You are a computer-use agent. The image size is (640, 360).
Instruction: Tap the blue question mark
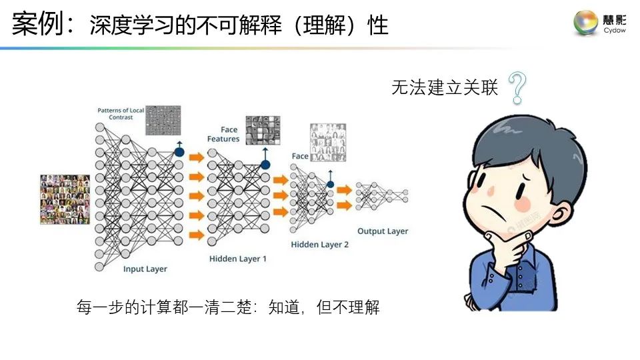click(517, 88)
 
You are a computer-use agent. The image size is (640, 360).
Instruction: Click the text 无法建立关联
click(445, 88)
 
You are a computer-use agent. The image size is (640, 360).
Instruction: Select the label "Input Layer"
click(145, 269)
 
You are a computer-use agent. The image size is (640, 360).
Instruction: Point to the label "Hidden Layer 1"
click(238, 258)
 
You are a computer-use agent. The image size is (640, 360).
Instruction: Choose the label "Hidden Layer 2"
click(320, 245)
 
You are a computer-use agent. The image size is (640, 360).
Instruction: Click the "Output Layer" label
click(383, 231)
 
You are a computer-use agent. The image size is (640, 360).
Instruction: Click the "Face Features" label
click(223, 134)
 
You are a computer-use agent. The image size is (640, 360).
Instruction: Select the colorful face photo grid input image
click(65, 199)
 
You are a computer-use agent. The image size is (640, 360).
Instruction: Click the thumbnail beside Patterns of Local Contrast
click(163, 121)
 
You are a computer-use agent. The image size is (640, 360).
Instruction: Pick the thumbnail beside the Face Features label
click(262, 130)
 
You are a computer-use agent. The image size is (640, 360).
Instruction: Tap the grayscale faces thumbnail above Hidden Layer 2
click(328, 142)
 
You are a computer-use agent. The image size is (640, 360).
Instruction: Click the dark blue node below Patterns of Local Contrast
click(179, 152)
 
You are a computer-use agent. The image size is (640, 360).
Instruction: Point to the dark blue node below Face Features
click(265, 164)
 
